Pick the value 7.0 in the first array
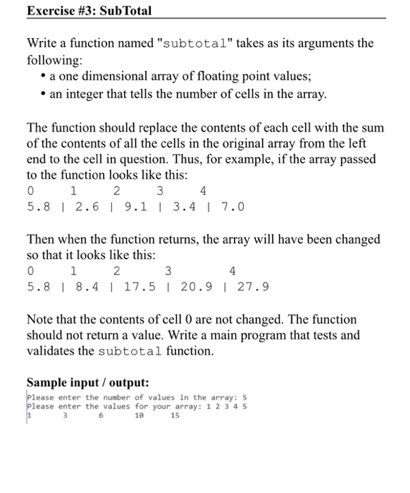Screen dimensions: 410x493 click(232, 207)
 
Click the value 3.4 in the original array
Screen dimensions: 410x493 click(183, 207)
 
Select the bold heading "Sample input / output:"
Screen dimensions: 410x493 click(88, 383)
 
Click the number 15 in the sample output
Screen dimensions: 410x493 click(175, 416)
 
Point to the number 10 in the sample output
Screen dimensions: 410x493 click(138, 416)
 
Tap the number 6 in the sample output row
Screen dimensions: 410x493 click(101, 416)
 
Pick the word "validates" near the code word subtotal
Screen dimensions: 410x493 click(51, 351)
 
